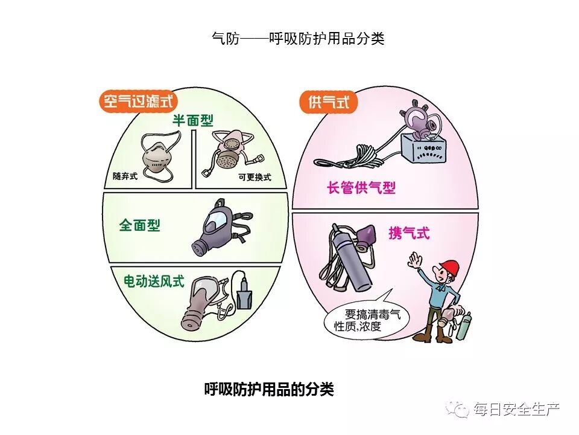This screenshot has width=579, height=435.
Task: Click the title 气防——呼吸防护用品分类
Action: point(298,38)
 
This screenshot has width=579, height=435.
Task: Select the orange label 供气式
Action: point(329,101)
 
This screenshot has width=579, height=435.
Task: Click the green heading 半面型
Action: point(193,120)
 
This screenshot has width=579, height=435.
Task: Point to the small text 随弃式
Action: point(125,176)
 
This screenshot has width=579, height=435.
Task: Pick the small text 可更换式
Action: point(255,177)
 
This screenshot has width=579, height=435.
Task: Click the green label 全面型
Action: point(139,225)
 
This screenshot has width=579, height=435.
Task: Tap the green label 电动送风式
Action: point(153,282)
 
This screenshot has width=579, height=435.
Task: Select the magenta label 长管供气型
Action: point(361,187)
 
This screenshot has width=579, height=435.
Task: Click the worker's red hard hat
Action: point(449,266)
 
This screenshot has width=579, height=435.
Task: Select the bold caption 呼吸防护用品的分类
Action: point(269,389)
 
